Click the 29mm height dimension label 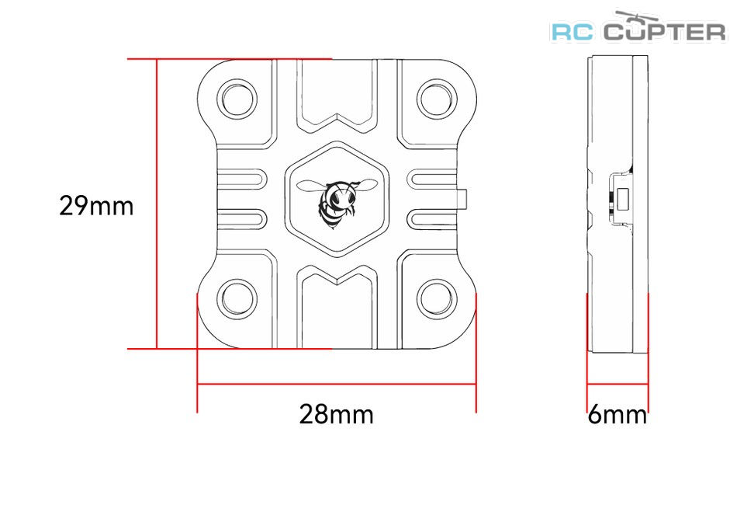click(96, 206)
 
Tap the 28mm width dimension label click(336, 414)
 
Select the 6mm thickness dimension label click(618, 414)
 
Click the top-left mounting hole click(239, 99)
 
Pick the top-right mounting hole click(437, 99)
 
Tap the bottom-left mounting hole click(239, 299)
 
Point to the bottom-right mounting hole click(437, 299)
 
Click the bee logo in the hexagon click(337, 202)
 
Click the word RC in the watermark click(573, 32)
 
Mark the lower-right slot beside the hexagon click(431, 218)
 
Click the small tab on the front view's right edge click(462, 200)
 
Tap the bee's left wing click(312, 185)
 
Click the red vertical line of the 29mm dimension click(157, 204)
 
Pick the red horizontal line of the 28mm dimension click(337, 385)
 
